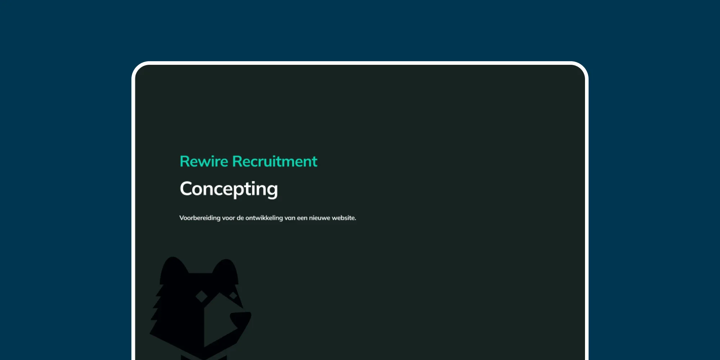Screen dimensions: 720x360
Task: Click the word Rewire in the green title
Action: pyautogui.click(x=204, y=161)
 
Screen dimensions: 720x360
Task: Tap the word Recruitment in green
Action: pyautogui.click(x=275, y=161)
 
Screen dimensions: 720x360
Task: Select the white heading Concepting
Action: pyautogui.click(x=229, y=189)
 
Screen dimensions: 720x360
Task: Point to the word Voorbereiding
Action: pyautogui.click(x=200, y=218)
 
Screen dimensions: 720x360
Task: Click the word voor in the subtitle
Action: pyautogui.click(x=228, y=218)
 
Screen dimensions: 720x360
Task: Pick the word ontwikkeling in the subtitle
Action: pyautogui.click(x=264, y=218)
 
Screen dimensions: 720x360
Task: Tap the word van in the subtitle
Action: pyautogui.click(x=290, y=218)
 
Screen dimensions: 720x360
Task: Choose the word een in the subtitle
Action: pyautogui.click(x=302, y=218)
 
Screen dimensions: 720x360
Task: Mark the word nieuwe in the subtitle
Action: pyautogui.click(x=320, y=218)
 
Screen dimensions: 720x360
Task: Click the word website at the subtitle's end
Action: pyautogui.click(x=344, y=218)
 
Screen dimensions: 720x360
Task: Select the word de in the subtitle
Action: pyautogui.click(x=240, y=218)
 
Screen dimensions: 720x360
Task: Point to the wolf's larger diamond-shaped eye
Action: pyautogui.click(x=201, y=297)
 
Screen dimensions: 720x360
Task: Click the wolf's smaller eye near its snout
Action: pyautogui.click(x=233, y=296)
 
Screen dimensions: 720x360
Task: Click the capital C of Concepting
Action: pyautogui.click(x=187, y=189)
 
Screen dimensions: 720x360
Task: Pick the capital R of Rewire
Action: pyautogui.click(x=184, y=161)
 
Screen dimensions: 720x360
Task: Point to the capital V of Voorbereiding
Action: pyautogui.click(x=182, y=218)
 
